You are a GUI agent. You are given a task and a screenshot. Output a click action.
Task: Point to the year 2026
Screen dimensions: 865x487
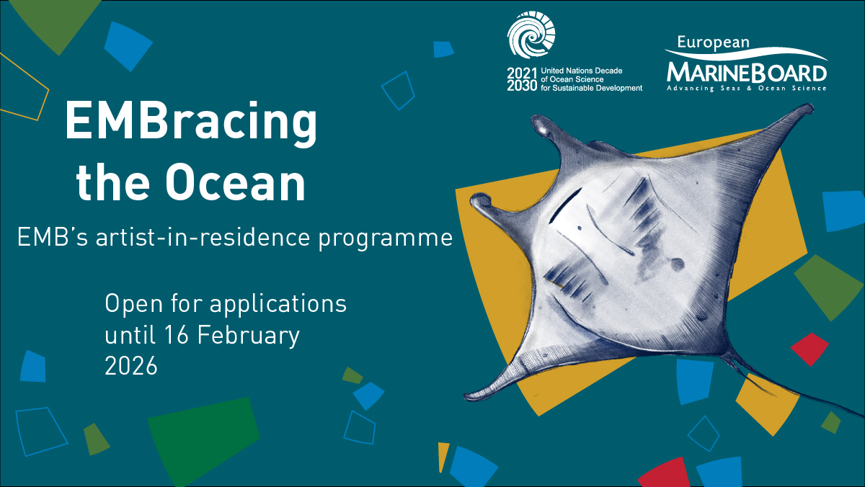[x=131, y=365]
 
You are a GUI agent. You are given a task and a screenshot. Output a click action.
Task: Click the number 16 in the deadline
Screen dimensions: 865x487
[x=176, y=334]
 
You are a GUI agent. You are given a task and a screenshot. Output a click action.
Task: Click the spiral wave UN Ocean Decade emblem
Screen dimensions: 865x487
[x=531, y=35]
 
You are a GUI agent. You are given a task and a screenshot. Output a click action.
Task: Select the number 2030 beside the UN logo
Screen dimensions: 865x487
[x=522, y=86]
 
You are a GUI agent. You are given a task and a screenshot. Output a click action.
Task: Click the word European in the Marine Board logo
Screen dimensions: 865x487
[x=713, y=43]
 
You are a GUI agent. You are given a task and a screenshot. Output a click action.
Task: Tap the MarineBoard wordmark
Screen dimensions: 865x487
[x=747, y=73]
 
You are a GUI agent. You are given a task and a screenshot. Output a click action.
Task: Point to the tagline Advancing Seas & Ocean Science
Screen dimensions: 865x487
[x=747, y=89]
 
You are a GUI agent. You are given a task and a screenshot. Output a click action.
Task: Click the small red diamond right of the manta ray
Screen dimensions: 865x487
[x=809, y=349]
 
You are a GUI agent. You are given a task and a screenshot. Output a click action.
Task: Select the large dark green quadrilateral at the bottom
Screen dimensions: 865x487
[x=203, y=441]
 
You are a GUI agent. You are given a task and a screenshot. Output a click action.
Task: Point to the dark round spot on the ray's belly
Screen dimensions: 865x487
[x=677, y=264]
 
